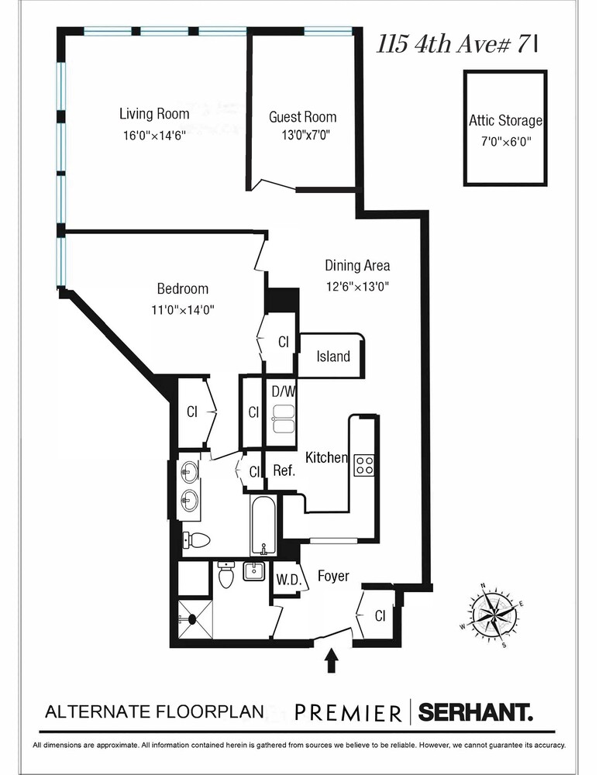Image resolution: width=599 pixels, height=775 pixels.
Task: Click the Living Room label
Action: (154, 114)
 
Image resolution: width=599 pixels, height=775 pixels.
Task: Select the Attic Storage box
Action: (505, 129)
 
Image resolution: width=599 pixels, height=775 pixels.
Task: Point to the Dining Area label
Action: (356, 266)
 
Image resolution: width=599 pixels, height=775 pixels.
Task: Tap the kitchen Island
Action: (333, 356)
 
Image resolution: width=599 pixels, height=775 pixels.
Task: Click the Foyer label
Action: (333, 577)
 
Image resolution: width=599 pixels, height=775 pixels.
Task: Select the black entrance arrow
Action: (332, 660)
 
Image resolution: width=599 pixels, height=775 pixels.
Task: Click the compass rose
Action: (492, 615)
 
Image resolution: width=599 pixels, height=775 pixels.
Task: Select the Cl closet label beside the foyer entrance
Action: (380, 616)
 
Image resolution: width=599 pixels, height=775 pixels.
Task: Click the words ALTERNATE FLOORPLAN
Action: (155, 711)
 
